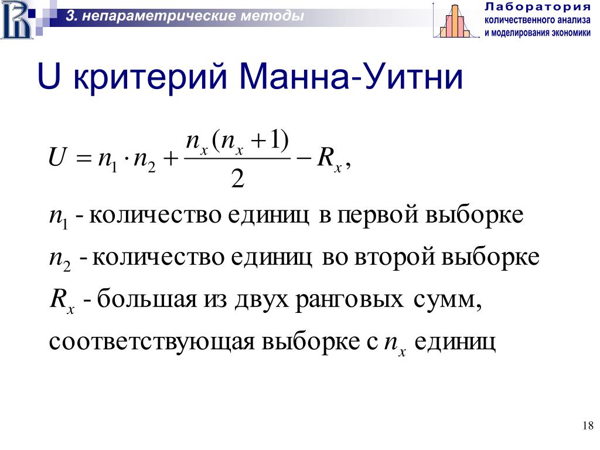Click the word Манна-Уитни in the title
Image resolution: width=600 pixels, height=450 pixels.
pos(351,76)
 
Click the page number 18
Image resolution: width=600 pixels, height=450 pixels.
pos(588,425)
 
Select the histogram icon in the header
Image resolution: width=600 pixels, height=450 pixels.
pos(456,21)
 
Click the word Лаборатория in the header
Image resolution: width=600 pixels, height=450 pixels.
pos(538,7)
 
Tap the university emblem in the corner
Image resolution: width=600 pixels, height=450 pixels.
pos(17,19)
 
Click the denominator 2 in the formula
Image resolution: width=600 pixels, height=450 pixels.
pos(237,178)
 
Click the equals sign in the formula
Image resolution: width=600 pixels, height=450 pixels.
pos(83,158)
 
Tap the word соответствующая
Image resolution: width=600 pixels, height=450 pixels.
pos(152,342)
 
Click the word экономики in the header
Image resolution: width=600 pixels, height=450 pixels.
pos(571,33)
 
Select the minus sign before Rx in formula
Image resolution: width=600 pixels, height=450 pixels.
pos(304,158)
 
